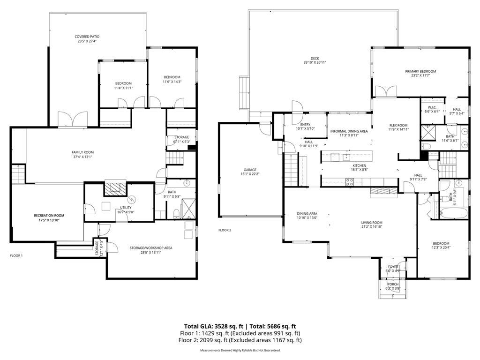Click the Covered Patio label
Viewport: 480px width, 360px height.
pyautogui.click(x=87, y=37)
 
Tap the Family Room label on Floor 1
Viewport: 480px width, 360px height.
pyautogui.click(x=82, y=152)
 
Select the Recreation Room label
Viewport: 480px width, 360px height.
pyautogui.click(x=49, y=216)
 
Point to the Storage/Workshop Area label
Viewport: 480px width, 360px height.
pyautogui.click(x=150, y=248)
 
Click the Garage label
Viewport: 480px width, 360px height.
pyautogui.click(x=250, y=170)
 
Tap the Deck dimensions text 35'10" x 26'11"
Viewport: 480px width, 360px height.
pyautogui.click(x=315, y=62)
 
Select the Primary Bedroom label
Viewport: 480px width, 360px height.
pyautogui.click(x=420, y=71)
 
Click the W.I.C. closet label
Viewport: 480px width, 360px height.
pyautogui.click(x=432, y=107)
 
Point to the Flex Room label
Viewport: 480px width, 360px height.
pyautogui.click(x=398, y=125)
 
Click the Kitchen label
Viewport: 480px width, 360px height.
pyautogui.click(x=360, y=165)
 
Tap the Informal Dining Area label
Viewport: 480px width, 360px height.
pyautogui.click(x=349, y=131)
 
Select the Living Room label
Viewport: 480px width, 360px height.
pyautogui.click(x=372, y=223)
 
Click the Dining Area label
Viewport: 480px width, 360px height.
pyautogui.click(x=307, y=214)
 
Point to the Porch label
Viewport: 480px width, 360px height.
pyautogui.click(x=393, y=285)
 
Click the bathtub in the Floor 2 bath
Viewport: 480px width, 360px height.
pyautogui.click(x=454, y=213)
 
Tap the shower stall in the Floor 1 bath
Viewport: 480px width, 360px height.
pyautogui.click(x=188, y=209)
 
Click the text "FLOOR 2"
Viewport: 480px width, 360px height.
pyautogui.click(x=225, y=230)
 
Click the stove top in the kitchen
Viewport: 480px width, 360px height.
pyautogui.click(x=350, y=182)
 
